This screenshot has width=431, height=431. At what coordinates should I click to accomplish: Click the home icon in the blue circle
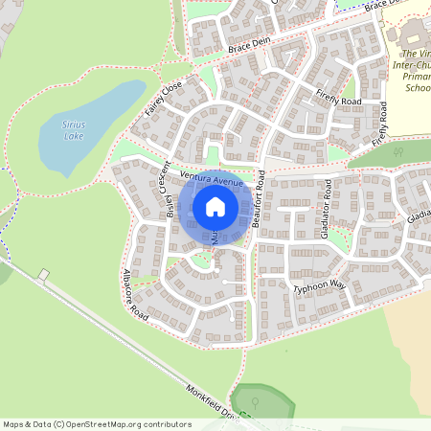click(x=215, y=207)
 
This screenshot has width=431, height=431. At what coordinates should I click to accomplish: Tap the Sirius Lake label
click(x=68, y=130)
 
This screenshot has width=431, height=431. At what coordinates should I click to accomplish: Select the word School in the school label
click(x=418, y=88)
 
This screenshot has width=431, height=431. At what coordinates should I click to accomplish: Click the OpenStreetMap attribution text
click(x=97, y=423)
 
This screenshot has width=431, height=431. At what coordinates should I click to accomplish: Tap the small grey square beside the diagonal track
click(x=43, y=275)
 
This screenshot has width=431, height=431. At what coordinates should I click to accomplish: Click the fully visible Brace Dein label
click(x=252, y=46)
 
